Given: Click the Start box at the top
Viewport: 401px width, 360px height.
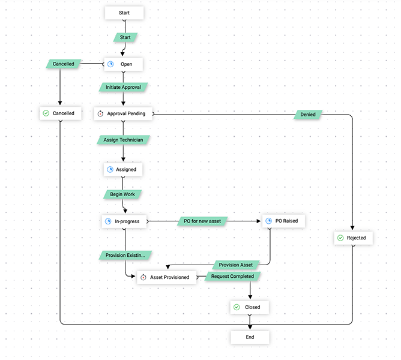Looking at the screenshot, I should pyautogui.click(x=124, y=13).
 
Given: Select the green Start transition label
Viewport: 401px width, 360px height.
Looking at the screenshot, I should pyautogui.click(x=125, y=37).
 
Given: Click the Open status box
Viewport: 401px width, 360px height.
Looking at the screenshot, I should pyautogui.click(x=124, y=64).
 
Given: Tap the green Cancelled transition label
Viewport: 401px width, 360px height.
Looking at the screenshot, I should pyautogui.click(x=64, y=64).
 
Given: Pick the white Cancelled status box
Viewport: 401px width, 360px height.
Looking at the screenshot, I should pyautogui.click(x=60, y=113).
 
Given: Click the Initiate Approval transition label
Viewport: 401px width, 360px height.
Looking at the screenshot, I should pyautogui.click(x=123, y=87).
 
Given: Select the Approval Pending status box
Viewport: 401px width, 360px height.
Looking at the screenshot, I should pyautogui.click(x=124, y=113).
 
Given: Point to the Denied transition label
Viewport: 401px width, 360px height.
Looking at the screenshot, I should pyautogui.click(x=308, y=113).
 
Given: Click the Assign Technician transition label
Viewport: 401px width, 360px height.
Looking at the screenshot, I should pyautogui.click(x=123, y=140).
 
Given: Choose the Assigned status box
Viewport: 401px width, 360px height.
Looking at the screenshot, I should pyautogui.click(x=123, y=169).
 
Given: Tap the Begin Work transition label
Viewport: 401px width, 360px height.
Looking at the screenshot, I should pyautogui.click(x=122, y=194).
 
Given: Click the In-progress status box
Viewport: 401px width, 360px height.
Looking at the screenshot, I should pyautogui.click(x=124, y=221).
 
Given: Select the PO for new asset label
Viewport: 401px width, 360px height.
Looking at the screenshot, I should pyautogui.click(x=203, y=221).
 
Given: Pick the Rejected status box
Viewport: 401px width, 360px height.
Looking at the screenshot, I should pyautogui.click(x=352, y=238).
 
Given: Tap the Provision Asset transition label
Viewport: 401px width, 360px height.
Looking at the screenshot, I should pyautogui.click(x=236, y=265).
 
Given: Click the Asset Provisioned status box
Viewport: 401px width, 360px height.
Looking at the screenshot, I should pyautogui.click(x=166, y=277).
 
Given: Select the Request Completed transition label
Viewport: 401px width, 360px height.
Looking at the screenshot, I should pyautogui.click(x=233, y=277).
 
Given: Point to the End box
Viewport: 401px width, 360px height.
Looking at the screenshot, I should pyautogui.click(x=250, y=337).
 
